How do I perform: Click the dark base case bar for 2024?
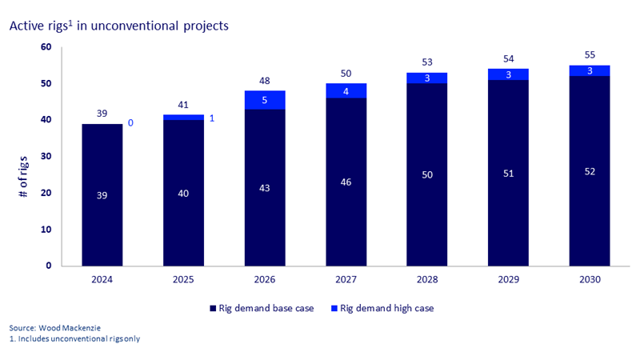click(x=102, y=194)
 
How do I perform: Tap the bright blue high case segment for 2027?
click(x=346, y=90)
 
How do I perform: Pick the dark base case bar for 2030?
click(x=590, y=171)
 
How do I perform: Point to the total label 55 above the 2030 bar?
click(x=590, y=55)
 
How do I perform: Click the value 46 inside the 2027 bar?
click(x=346, y=182)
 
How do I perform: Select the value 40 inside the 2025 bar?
click(x=183, y=193)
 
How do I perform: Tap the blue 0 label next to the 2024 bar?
click(x=130, y=123)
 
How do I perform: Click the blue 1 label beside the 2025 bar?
click(x=212, y=118)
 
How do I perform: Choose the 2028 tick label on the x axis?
click(x=427, y=280)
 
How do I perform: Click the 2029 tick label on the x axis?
click(x=508, y=280)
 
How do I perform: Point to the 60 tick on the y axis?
click(x=46, y=47)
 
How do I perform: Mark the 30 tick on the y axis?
click(x=46, y=157)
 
